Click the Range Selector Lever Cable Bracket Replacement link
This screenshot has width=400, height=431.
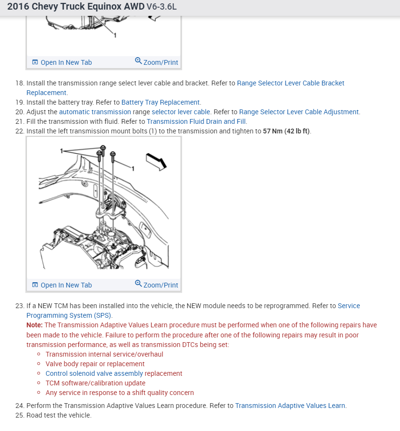[291, 83]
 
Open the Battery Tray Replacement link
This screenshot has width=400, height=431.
[160, 102]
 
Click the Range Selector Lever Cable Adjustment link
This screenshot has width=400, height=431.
[299, 112]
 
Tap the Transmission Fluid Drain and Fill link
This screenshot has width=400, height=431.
[196, 121]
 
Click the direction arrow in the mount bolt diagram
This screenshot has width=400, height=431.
[156, 161]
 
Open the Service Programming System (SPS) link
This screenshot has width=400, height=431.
[69, 315]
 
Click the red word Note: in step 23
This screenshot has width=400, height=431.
[35, 325]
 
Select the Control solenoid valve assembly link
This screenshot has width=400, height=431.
[94, 373]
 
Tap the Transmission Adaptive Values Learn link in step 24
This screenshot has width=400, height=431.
[290, 406]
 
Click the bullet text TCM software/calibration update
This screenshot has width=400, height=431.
[95, 383]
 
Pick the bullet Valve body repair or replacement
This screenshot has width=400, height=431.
[95, 364]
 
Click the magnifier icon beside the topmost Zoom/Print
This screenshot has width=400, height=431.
[138, 61]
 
